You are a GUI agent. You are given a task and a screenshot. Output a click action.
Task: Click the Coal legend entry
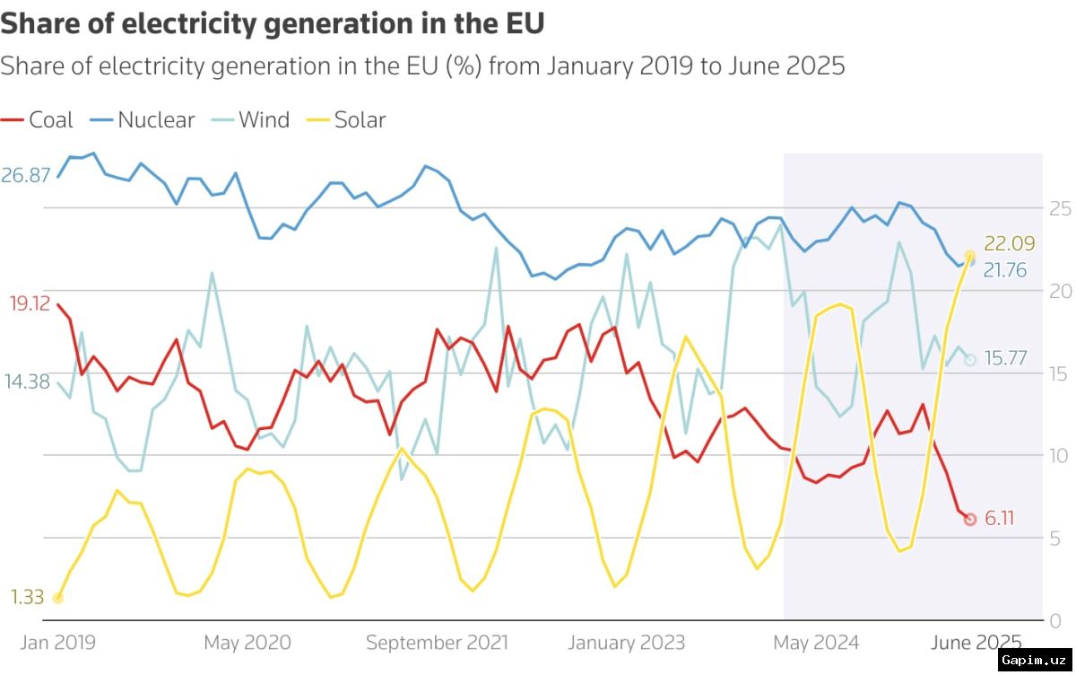[x=37, y=119]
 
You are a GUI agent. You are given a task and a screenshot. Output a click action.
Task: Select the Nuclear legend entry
[x=143, y=119]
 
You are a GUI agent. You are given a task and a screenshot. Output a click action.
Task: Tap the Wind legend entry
[x=250, y=119]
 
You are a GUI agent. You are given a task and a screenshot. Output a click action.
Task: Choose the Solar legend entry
[x=346, y=119]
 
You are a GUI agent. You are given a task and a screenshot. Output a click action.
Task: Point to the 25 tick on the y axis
[x=1060, y=208]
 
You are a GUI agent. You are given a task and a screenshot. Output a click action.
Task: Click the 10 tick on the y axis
[x=1058, y=456]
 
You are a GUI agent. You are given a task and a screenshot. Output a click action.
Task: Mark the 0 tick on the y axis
[x=1055, y=621]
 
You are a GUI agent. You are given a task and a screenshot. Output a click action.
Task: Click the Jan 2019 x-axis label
[x=57, y=643]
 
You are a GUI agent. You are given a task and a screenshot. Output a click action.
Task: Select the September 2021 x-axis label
[x=437, y=643]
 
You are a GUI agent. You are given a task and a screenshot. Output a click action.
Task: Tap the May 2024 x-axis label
[x=816, y=643]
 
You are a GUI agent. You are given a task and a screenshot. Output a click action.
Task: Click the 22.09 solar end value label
[x=1010, y=243]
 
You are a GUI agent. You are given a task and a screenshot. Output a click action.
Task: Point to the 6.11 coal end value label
[x=999, y=518]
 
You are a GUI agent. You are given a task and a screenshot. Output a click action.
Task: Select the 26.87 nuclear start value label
[x=25, y=175]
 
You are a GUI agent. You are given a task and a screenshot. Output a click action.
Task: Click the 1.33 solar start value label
[x=28, y=597]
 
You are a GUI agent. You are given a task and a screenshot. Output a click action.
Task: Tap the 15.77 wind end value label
[x=1005, y=358]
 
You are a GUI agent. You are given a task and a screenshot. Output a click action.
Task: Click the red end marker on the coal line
[x=970, y=519]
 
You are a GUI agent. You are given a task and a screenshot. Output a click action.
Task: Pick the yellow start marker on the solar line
[x=57, y=599]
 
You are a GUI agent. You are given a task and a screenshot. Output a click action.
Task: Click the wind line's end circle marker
[x=970, y=360]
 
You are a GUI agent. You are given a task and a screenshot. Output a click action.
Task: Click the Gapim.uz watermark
[x=1034, y=660]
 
